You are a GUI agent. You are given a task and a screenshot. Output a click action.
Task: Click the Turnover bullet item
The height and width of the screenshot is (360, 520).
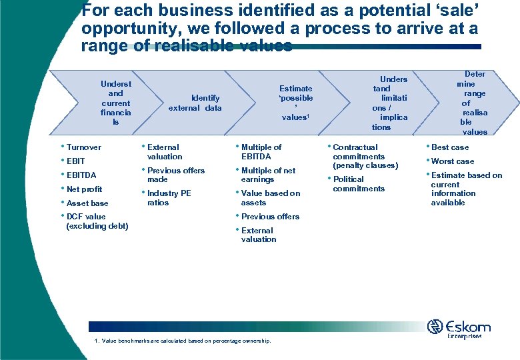[x=84, y=147]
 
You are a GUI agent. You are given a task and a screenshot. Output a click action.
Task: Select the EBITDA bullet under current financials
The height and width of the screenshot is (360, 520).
[x=81, y=175]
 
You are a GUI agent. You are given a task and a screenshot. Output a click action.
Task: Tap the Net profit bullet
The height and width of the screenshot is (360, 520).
[x=84, y=189]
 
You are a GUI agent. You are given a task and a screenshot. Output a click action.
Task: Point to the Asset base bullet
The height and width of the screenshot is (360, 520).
[x=87, y=203]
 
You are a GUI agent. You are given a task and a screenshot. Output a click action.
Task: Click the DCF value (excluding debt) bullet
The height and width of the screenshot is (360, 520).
[x=97, y=221]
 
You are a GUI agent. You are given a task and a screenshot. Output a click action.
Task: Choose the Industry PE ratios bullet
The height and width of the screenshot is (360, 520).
[x=169, y=198]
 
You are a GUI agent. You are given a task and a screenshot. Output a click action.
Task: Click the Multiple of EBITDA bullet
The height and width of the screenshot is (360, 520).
[x=261, y=152]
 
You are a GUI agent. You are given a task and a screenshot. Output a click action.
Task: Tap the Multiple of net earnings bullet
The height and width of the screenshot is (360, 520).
[x=268, y=175]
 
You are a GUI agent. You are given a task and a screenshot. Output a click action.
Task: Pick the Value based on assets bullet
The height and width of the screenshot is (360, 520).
[x=271, y=198]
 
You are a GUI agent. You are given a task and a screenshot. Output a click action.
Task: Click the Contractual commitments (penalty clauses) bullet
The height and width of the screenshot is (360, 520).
[x=365, y=156]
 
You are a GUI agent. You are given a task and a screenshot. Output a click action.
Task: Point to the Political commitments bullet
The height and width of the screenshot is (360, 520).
[x=359, y=184]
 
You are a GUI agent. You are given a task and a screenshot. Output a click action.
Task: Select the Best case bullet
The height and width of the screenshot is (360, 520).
[x=450, y=147]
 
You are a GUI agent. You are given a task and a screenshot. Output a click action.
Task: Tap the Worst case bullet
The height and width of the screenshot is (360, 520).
[x=453, y=161]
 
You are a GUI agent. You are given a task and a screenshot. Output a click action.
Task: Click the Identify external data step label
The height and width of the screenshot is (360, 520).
[x=195, y=103]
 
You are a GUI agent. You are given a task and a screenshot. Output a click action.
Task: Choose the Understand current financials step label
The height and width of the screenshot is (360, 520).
[x=116, y=103]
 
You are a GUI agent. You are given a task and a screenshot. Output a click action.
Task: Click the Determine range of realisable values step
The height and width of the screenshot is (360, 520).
[x=474, y=103]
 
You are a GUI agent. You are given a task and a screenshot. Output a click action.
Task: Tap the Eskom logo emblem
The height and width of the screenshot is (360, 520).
[x=435, y=327]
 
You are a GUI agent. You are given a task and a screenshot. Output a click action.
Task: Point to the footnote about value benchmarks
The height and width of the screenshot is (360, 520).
[x=183, y=341]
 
